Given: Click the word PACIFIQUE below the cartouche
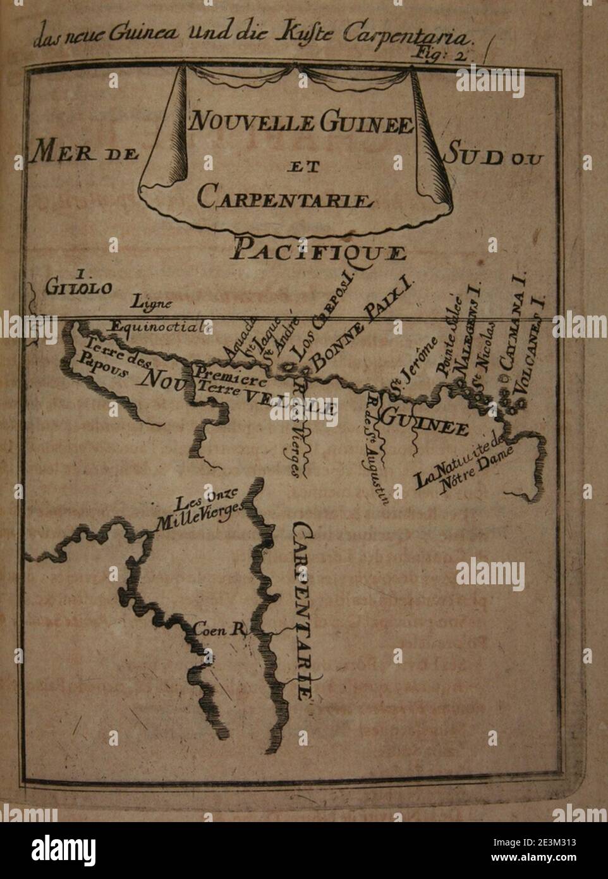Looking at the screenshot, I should pos(318,251).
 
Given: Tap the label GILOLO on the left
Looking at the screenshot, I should pos(79,286).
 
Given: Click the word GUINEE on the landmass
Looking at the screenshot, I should pos(425,422).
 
